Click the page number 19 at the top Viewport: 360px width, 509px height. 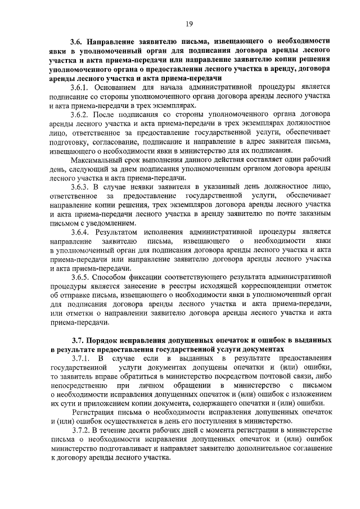point(188,23)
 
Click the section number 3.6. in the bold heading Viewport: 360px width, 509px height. point(76,41)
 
